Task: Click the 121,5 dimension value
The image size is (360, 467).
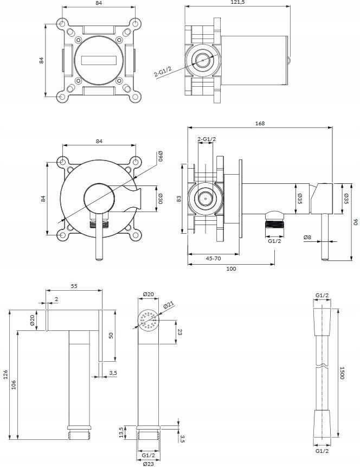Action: pos(237,2)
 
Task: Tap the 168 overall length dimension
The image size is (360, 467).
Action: pos(260,123)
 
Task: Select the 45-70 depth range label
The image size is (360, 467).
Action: pos(213,259)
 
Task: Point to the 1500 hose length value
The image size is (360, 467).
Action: pos(342,373)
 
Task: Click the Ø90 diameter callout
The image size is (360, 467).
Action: pos(160,156)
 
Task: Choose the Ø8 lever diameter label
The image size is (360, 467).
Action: pos(307,238)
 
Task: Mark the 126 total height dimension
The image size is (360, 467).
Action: pos(5,374)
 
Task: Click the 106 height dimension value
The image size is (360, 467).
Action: pos(13,385)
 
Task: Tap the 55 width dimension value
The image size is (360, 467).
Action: pos(74,286)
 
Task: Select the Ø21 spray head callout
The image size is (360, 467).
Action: pos(169,305)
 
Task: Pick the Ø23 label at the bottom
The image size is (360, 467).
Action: pos(149,464)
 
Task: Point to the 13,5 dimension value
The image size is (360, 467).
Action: pos(121,432)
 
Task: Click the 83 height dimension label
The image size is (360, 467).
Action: pos(179,199)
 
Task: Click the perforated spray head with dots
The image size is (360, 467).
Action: pos(149,320)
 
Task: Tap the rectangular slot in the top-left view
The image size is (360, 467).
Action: pos(99,60)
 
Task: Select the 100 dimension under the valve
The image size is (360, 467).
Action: pos(231,268)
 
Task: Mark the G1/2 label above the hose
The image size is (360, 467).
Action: pos(322,296)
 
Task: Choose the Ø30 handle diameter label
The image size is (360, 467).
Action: pos(160,199)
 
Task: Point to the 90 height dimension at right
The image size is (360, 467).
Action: pos(356,222)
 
